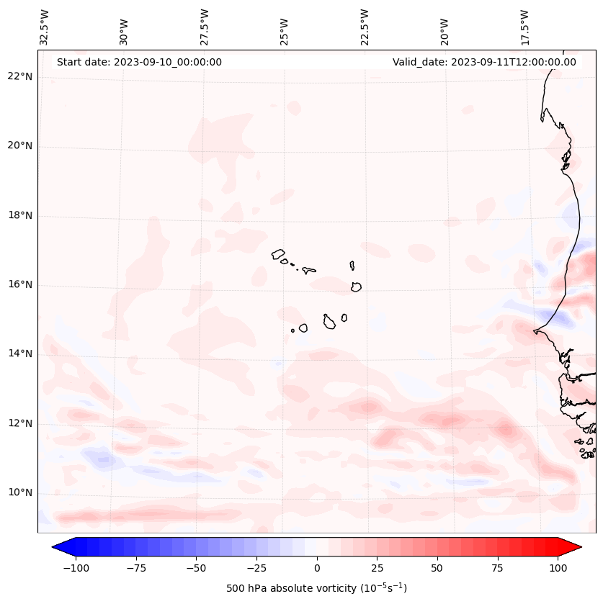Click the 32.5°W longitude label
[x=45, y=27]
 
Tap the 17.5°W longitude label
[x=524, y=27]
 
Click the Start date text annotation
[x=139, y=62]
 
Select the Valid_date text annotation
[x=484, y=62]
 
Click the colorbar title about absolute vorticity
[x=316, y=588]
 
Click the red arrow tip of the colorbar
[x=576, y=547]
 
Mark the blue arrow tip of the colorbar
[x=57, y=547]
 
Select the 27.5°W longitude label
[x=205, y=27]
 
